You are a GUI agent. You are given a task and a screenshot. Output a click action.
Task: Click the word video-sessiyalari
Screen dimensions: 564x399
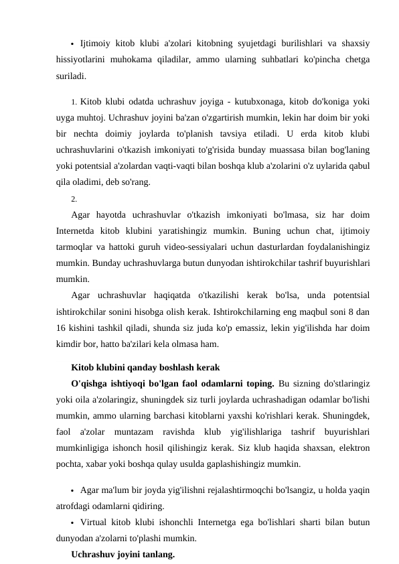195,246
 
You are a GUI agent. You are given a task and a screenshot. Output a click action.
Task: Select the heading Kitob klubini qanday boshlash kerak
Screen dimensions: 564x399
145,367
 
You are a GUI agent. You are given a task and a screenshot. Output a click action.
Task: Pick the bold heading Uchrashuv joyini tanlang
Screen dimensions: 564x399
123,554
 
